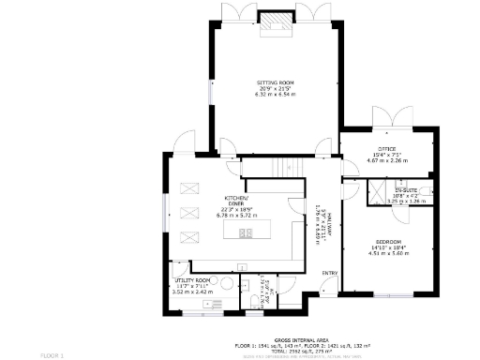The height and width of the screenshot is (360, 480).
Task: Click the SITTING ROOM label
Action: pos(276,82)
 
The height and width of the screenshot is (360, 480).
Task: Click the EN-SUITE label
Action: pos(405,190)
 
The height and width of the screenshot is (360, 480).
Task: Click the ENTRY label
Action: pos(330,273)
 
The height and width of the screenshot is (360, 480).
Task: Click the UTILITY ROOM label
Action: pos(195,279)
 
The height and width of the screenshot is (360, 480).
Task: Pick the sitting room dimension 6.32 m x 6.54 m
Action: pos(276,95)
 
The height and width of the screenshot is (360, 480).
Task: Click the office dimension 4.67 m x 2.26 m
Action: pos(386,160)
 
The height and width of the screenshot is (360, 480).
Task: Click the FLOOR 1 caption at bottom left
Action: pos(52,355)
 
